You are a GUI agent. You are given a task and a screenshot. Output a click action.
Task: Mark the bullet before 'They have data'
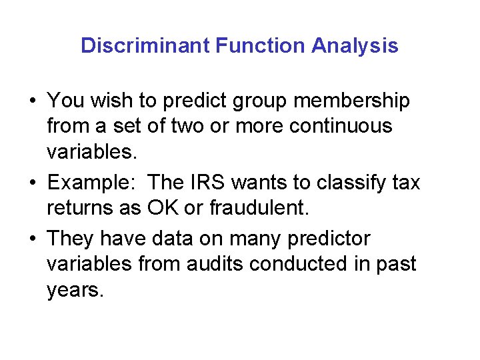tap(32, 239)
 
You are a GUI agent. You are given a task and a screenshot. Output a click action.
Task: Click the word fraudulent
tap(259, 207)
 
